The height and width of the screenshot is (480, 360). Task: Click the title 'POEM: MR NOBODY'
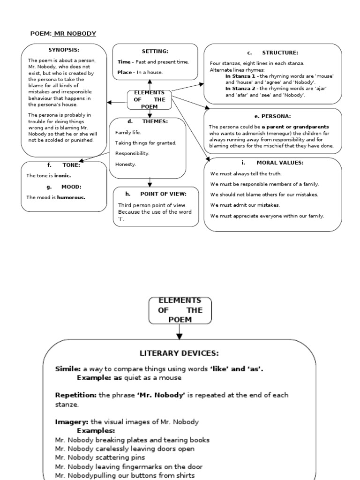pyautogui.click(x=63, y=33)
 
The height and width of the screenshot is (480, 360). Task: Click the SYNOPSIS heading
pyautogui.click(x=64, y=50)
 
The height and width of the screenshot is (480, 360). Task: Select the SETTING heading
pyautogui.click(x=155, y=51)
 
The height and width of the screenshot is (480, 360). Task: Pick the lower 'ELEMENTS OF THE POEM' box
pyautogui.click(x=180, y=310)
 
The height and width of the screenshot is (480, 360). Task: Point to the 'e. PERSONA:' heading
pyautogui.click(x=273, y=116)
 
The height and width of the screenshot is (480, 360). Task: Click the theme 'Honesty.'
pyautogui.click(x=126, y=164)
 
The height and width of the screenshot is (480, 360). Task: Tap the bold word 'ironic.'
pyautogui.click(x=63, y=175)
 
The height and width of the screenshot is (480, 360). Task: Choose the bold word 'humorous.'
pyautogui.click(x=71, y=197)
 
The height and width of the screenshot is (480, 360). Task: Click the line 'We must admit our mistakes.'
pyautogui.click(x=245, y=205)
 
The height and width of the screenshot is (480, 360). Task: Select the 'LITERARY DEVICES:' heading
pyautogui.click(x=179, y=353)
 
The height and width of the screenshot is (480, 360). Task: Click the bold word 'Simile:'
pyautogui.click(x=68, y=369)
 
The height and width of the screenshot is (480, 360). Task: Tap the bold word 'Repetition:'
pyautogui.click(x=75, y=395)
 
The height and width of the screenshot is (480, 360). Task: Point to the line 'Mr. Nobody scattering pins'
pyautogui.click(x=100, y=457)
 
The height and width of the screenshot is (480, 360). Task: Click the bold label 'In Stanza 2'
pyautogui.click(x=240, y=88)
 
